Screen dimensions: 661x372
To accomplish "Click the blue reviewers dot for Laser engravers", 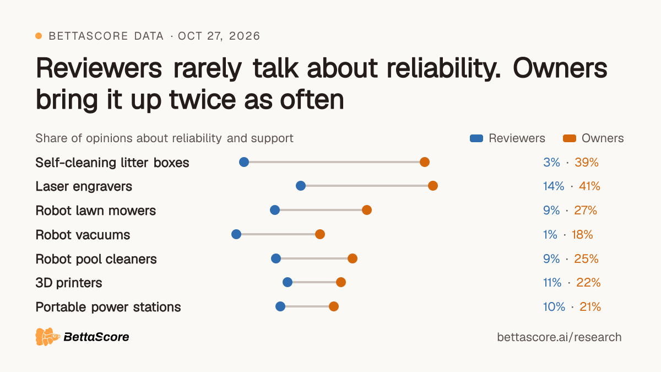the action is click(x=300, y=186).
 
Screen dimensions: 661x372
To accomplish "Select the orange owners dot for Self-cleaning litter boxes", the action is click(x=424, y=162).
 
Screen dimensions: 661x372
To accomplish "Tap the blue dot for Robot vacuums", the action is click(x=236, y=234).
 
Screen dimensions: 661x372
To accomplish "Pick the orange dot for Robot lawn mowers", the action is click(x=366, y=210).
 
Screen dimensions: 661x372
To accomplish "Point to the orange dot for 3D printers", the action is click(x=340, y=282).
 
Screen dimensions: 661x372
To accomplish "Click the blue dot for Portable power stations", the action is click(x=280, y=306).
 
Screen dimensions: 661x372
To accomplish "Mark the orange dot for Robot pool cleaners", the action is click(x=353, y=258).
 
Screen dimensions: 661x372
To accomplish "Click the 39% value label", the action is click(x=586, y=163).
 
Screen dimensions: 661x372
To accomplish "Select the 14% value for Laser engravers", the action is click(x=554, y=186).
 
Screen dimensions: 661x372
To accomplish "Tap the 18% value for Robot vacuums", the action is click(x=582, y=235).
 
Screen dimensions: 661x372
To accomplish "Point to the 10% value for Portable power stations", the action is click(x=554, y=307).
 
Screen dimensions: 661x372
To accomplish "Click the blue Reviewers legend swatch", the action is click(x=476, y=138).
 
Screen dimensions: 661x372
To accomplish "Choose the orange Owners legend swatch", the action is click(x=569, y=138).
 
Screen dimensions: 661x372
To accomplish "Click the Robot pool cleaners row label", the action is click(x=96, y=259).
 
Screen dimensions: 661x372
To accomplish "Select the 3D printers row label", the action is click(x=69, y=283).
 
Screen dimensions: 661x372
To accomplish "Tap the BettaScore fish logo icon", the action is click(x=47, y=337).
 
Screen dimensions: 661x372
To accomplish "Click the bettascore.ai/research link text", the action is click(x=559, y=337).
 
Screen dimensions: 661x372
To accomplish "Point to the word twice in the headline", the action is click(x=203, y=99).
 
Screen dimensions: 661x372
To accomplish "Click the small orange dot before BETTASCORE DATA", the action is click(x=39, y=36).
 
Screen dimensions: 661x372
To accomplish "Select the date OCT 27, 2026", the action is click(x=219, y=36).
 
